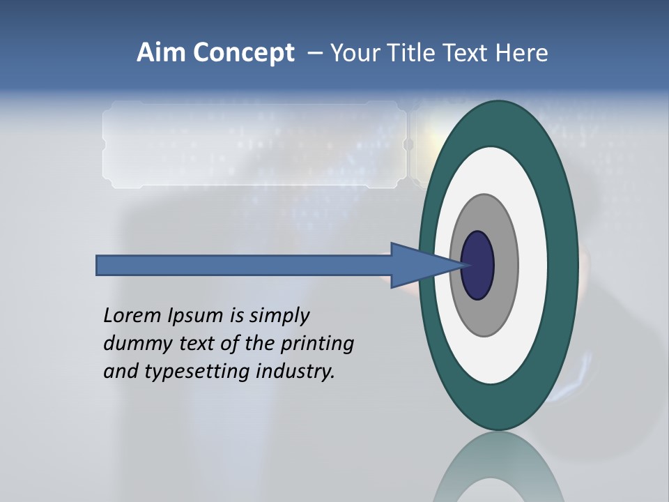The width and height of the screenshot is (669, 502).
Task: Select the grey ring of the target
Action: pos(505,265)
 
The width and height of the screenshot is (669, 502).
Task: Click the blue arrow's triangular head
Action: pos(418,265)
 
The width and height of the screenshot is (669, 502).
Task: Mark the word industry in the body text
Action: pos(295,372)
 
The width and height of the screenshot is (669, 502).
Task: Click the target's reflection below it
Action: pos(498,467)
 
